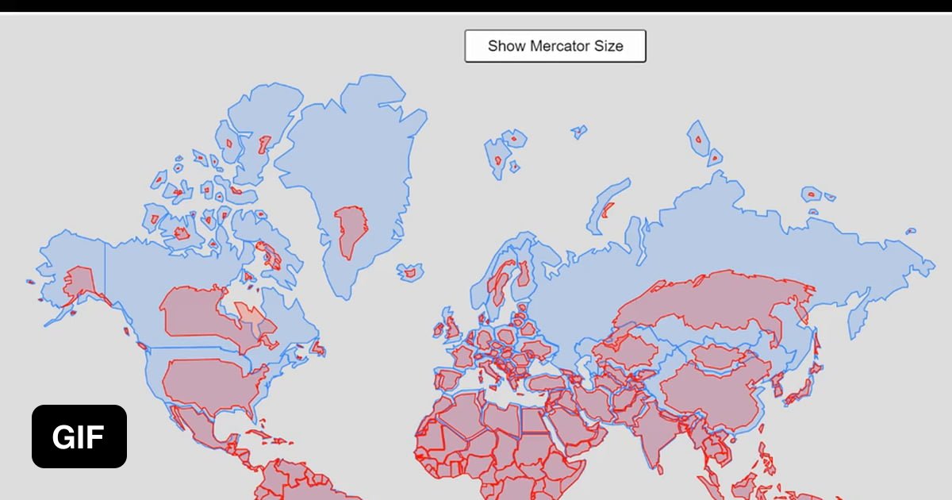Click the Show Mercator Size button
click(555, 46)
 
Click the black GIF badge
click(79, 437)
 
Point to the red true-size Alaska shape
click(79, 282)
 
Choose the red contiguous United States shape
click(210, 385)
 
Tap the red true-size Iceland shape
click(410, 273)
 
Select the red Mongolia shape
click(718, 356)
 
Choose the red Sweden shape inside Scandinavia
click(501, 282)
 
